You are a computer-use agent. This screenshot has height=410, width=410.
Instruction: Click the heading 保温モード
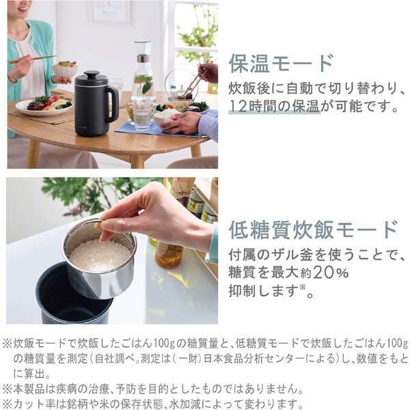[281, 62]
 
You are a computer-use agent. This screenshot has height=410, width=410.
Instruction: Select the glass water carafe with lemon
[142, 75]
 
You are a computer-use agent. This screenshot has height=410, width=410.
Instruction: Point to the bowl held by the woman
[66, 68]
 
